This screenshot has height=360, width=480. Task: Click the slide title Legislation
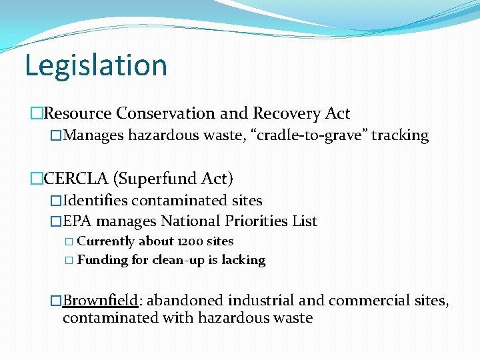pos(95,65)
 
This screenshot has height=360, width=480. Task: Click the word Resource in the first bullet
pos(73,114)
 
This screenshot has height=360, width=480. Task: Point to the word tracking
pos(399,136)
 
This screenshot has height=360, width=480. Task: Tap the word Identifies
pos(95,201)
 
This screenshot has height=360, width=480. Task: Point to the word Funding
pos(103,260)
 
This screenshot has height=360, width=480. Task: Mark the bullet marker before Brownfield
pos(56,301)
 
